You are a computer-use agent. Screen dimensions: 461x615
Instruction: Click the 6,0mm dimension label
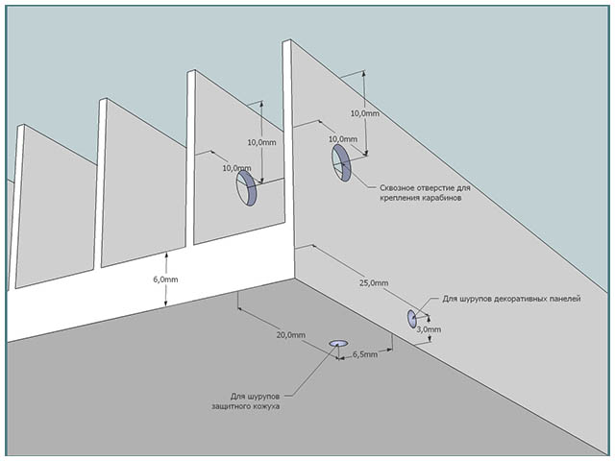point(192,279)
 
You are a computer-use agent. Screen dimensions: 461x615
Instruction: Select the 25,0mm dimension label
point(374,283)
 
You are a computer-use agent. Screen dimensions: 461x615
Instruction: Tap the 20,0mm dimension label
point(290,335)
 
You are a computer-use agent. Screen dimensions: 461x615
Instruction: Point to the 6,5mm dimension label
point(364,355)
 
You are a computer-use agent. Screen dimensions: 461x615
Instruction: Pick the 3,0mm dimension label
point(430,329)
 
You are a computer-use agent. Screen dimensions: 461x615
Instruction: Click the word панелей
point(563,299)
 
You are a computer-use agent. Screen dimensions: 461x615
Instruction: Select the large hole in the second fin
point(247,188)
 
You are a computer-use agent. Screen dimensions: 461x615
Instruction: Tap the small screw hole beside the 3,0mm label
point(412,319)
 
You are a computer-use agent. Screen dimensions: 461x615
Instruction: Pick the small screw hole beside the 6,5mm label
point(338,343)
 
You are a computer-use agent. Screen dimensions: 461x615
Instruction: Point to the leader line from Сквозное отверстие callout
point(360,182)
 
